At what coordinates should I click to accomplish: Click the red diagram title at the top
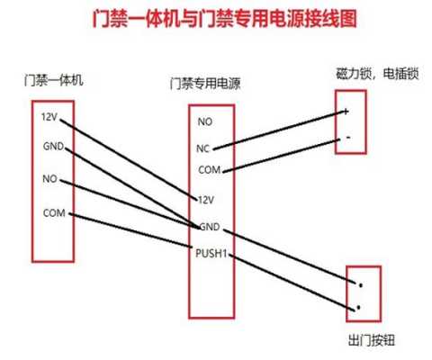coord(224,19)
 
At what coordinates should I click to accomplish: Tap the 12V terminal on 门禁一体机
coord(49,116)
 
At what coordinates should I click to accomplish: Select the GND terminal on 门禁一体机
coord(53,146)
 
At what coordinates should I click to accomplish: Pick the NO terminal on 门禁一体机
coord(49,179)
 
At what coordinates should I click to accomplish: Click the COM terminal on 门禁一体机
coord(54,212)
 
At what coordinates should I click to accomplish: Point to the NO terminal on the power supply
coord(205,121)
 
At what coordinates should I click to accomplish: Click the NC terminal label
coord(202,148)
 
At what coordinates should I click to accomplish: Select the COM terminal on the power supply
coord(210,170)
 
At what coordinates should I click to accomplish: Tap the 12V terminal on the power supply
coord(206,200)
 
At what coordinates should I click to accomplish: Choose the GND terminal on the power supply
coord(210,227)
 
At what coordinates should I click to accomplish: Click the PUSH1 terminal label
coord(211,254)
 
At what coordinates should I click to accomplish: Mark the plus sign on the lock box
coord(346,112)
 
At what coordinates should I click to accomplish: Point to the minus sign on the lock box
coord(348,138)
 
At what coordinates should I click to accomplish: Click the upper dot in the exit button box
coord(361,285)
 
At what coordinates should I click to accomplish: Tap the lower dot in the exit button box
coord(358,308)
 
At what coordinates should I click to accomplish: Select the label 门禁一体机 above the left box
coord(53,80)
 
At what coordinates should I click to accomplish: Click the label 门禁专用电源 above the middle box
coord(205,84)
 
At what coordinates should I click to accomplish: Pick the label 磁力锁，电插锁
coord(377,74)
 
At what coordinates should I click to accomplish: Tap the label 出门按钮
coord(372,340)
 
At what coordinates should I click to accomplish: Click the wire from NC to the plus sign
coord(280,130)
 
